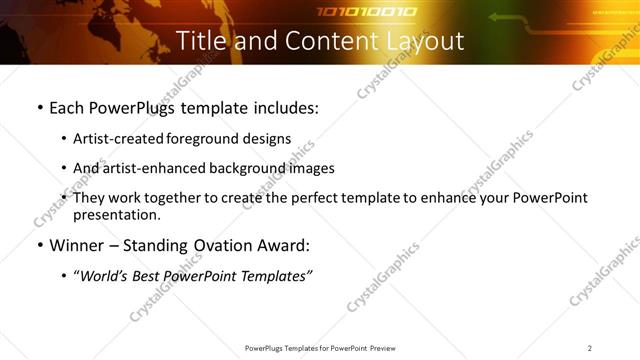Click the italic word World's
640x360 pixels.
point(106,276)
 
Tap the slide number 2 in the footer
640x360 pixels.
point(589,348)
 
